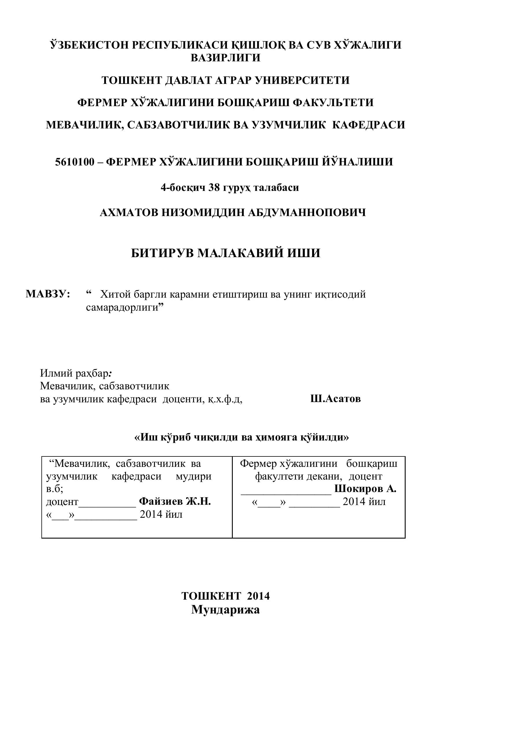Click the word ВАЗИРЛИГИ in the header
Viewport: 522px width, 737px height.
pos(225,58)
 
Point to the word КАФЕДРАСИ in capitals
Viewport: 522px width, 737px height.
pos(368,125)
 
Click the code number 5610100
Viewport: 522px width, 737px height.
pos(75,161)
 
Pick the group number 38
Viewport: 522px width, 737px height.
pos(214,187)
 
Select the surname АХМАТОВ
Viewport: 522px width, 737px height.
pos(129,213)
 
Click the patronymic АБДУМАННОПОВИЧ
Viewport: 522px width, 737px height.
pos(307,213)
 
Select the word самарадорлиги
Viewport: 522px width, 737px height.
pos(122,307)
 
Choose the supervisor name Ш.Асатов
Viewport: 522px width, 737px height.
pos(335,399)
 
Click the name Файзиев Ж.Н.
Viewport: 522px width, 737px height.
pos(175,501)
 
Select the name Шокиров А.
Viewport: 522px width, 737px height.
pos(365,489)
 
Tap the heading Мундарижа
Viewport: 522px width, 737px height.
pos(225,609)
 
